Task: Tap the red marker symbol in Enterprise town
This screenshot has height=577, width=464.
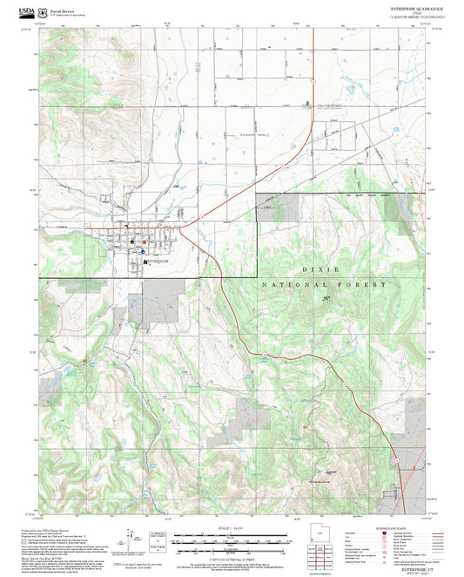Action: pyautogui.click(x=132, y=243)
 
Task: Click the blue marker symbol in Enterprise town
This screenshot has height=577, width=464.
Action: pyautogui.click(x=142, y=247)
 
